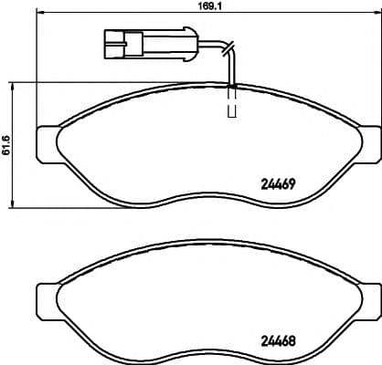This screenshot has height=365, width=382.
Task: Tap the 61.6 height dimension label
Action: click(7, 145)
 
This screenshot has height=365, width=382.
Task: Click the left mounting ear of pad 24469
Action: click(46, 141)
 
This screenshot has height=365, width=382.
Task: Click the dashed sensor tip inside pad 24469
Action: click(232, 106)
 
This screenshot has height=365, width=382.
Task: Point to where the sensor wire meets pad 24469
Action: click(232, 86)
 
